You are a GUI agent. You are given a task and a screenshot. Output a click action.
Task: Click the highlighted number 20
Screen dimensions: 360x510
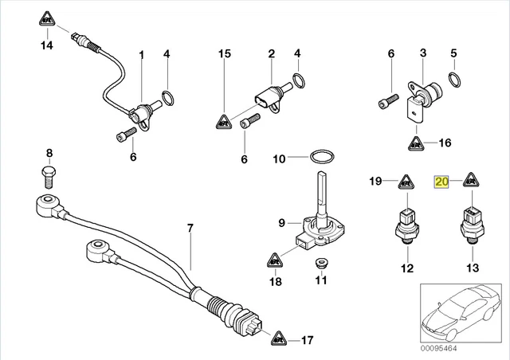[x=441, y=182]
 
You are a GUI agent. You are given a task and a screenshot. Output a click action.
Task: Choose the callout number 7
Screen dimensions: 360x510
[x=190, y=229]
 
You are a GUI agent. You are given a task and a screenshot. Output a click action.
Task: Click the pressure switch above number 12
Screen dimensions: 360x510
[x=406, y=221]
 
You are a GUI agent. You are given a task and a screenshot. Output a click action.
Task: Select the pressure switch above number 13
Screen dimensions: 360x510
[x=473, y=221]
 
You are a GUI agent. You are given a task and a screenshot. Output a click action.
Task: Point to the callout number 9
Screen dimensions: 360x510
[x=281, y=221]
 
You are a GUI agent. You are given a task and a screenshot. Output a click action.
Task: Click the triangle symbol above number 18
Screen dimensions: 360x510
[x=275, y=259]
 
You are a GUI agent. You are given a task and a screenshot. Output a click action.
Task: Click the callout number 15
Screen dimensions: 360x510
[x=225, y=53]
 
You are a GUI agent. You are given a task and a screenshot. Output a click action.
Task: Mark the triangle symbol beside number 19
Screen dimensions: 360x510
[x=406, y=182]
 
